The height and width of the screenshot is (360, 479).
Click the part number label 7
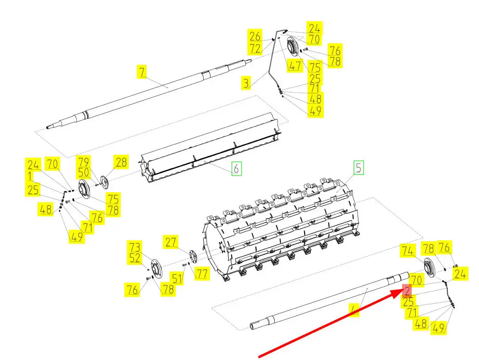(142, 72)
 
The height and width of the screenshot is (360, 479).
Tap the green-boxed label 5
(359, 168)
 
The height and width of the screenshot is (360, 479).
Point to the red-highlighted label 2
(407, 290)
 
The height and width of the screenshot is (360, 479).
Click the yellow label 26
(255, 36)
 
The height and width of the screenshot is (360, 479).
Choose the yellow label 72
(255, 48)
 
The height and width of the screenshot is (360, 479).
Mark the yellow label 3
(246, 84)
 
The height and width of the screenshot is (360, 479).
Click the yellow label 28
(121, 162)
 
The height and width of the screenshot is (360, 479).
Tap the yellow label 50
(84, 172)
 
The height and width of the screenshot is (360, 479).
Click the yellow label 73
(135, 247)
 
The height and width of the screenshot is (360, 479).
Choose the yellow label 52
(135, 259)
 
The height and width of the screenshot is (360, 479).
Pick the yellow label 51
(178, 278)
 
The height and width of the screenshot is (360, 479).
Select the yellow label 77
(203, 274)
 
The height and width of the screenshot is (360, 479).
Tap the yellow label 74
(407, 250)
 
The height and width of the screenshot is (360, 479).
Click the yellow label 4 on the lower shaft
(355, 311)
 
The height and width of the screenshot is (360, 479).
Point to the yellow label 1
(30, 176)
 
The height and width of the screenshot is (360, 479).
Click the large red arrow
(332, 322)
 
